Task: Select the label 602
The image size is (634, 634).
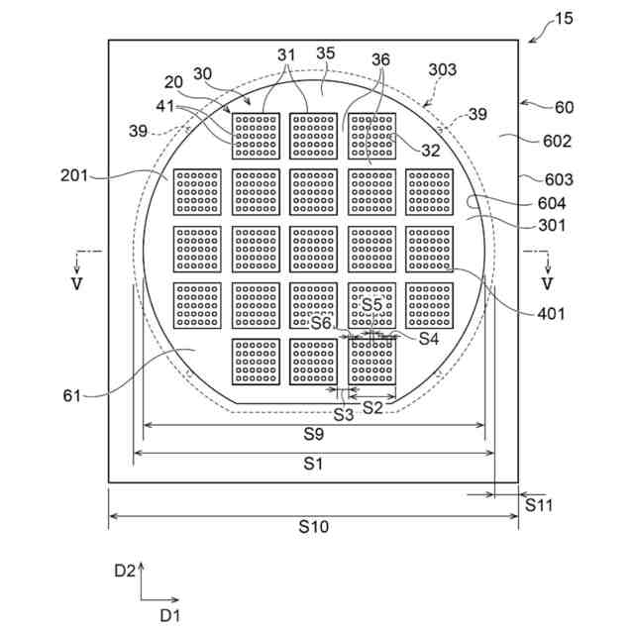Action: (x=557, y=141)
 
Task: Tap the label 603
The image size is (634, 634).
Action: (x=557, y=179)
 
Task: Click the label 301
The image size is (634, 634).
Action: (x=552, y=225)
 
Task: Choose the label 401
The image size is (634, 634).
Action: (x=551, y=314)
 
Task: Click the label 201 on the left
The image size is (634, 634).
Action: (x=74, y=175)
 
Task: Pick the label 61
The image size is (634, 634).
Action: (x=71, y=396)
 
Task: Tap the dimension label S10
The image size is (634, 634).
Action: (x=313, y=528)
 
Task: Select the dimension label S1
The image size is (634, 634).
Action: (x=313, y=463)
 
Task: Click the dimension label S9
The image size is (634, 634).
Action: (x=313, y=434)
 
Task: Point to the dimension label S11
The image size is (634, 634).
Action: (x=539, y=505)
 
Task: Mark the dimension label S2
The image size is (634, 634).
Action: (x=372, y=407)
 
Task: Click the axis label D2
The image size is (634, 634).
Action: (x=124, y=570)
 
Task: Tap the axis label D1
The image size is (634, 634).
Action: (x=170, y=615)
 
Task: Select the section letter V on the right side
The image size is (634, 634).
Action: (x=546, y=284)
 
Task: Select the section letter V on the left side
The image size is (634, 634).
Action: (x=78, y=284)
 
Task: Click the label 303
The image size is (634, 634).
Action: (x=443, y=69)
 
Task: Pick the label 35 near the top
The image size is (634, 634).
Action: (x=325, y=53)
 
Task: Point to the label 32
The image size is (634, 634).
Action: (x=430, y=152)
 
